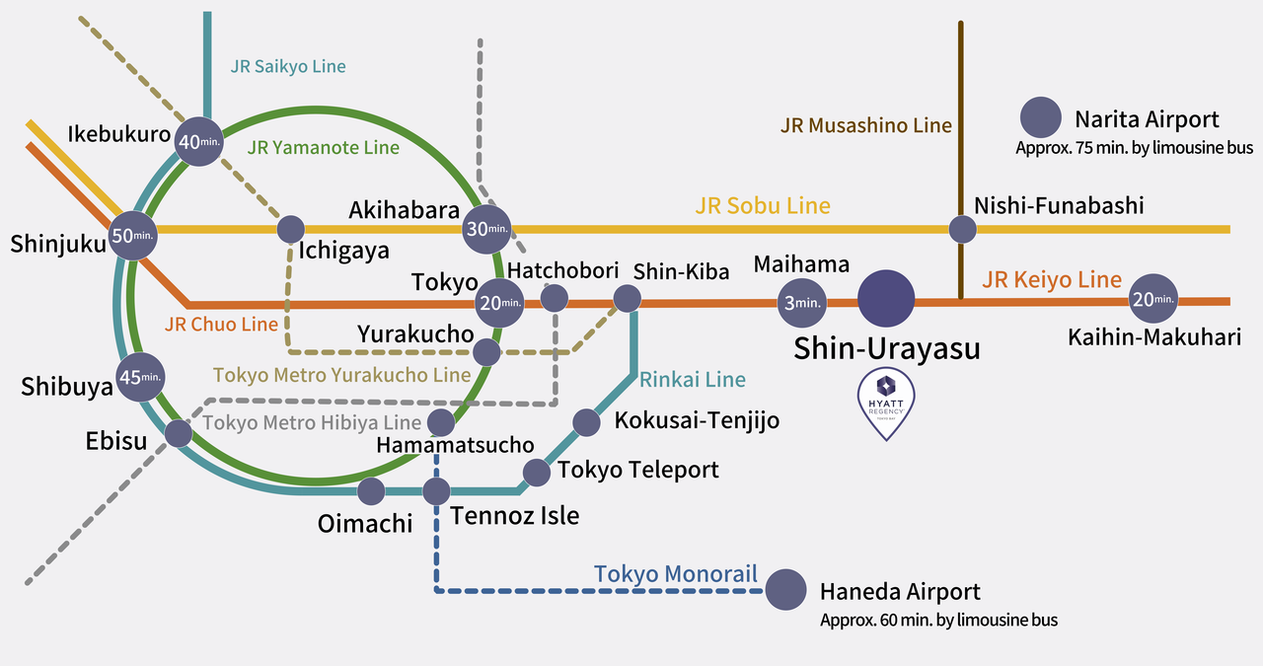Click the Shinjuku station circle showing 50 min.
(133, 236)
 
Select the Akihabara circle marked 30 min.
(487, 230)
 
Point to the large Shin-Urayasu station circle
(886, 300)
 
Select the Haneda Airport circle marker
(785, 590)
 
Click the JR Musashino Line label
(865, 125)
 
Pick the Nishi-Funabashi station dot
(962, 229)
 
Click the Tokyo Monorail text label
(675, 574)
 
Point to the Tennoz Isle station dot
(436, 490)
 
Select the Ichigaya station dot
(290, 229)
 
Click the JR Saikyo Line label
(288, 67)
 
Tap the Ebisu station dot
(178, 432)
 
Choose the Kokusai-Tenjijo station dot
(586, 422)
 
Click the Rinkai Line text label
(693, 379)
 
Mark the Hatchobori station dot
(555, 297)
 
